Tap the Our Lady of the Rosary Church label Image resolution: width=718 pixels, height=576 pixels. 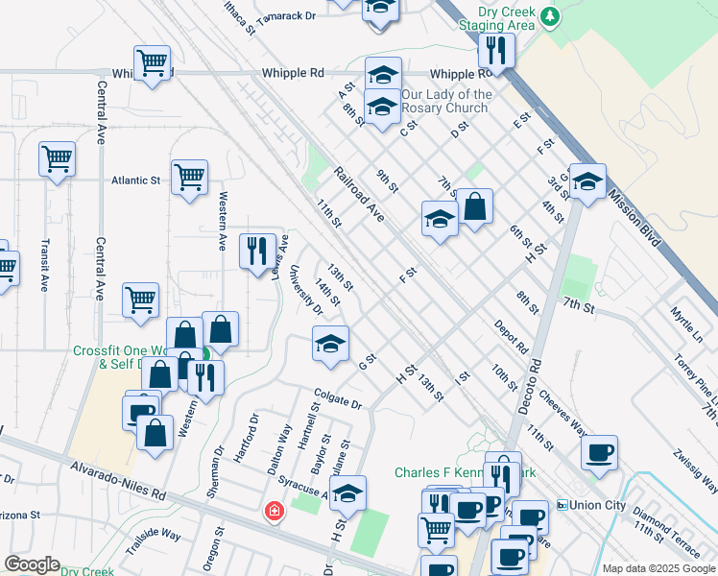coord(446,103)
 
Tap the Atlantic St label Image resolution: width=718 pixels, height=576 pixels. coord(135,180)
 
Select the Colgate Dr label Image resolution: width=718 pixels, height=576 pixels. coord(336,398)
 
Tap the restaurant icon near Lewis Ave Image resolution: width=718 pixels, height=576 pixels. coord(257,252)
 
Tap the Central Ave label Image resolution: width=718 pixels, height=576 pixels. coord(101,109)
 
